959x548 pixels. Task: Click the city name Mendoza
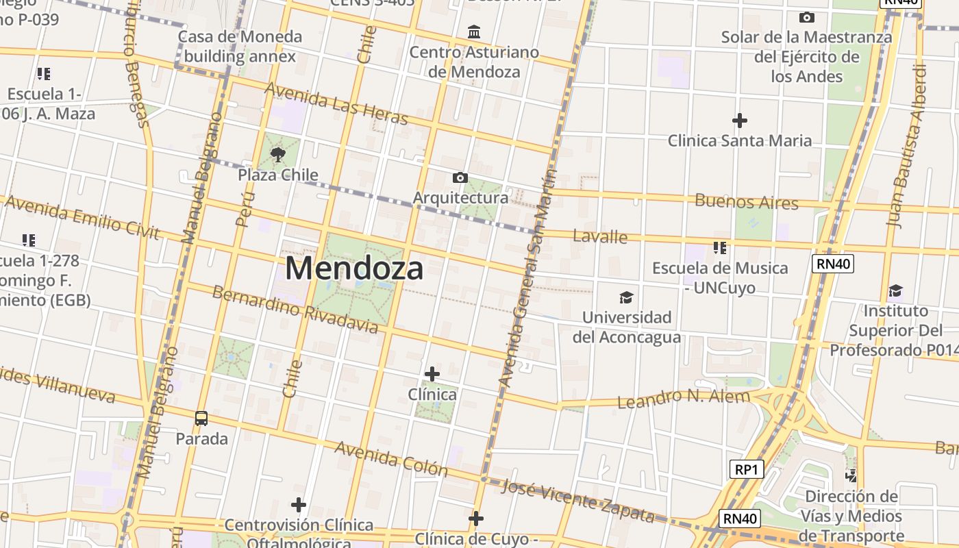[x=354, y=268]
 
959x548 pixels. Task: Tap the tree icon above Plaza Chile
[x=277, y=155]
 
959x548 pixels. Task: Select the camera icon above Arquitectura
[x=460, y=178]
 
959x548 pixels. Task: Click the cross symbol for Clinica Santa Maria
[x=739, y=121]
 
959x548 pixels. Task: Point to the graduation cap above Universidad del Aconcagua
[x=626, y=297]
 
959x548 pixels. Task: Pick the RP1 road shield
[x=746, y=469]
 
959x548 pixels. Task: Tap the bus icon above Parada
[x=201, y=418]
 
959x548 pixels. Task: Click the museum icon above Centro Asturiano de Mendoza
[x=473, y=32]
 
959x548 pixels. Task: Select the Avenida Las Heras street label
[x=336, y=104]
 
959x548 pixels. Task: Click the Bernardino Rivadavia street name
[x=295, y=310]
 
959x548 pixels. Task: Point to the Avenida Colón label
[x=391, y=459]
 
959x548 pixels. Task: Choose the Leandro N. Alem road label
[x=684, y=398]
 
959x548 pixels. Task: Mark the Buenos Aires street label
[x=746, y=202]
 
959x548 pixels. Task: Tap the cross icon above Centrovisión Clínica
[x=298, y=505]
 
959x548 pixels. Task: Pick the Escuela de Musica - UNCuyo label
[x=720, y=277]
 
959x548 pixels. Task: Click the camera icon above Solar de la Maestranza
[x=807, y=17]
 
